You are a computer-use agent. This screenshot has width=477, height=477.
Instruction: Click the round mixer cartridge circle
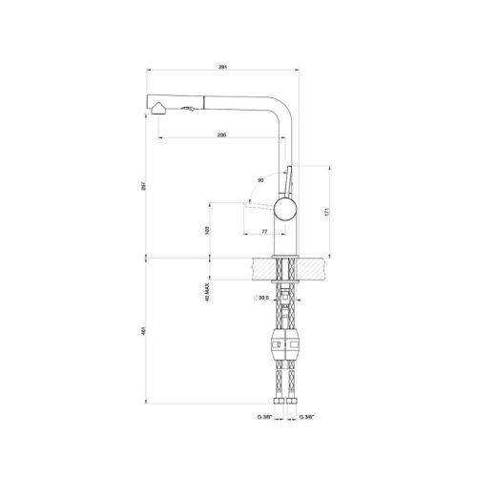tap(284, 211)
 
